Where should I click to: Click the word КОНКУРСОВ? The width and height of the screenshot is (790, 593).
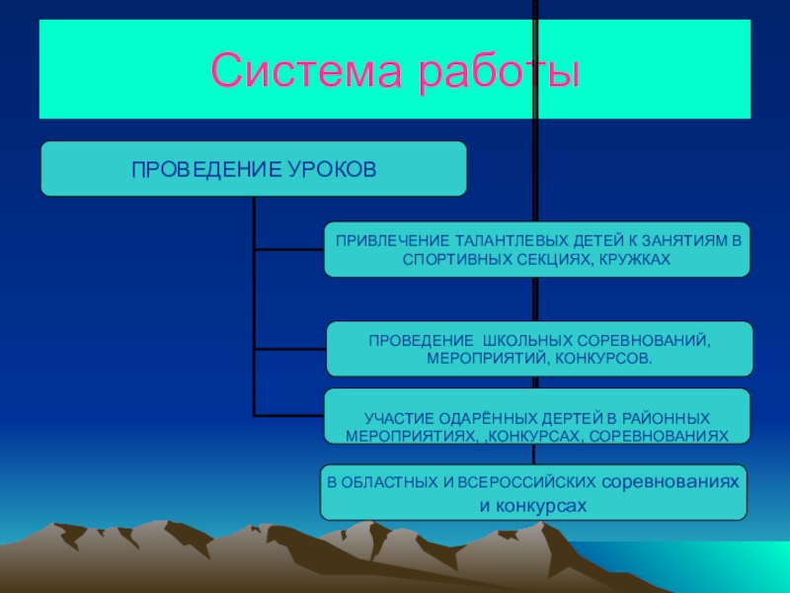[605, 357]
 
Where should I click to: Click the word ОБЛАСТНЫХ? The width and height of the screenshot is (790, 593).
[383, 484]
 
